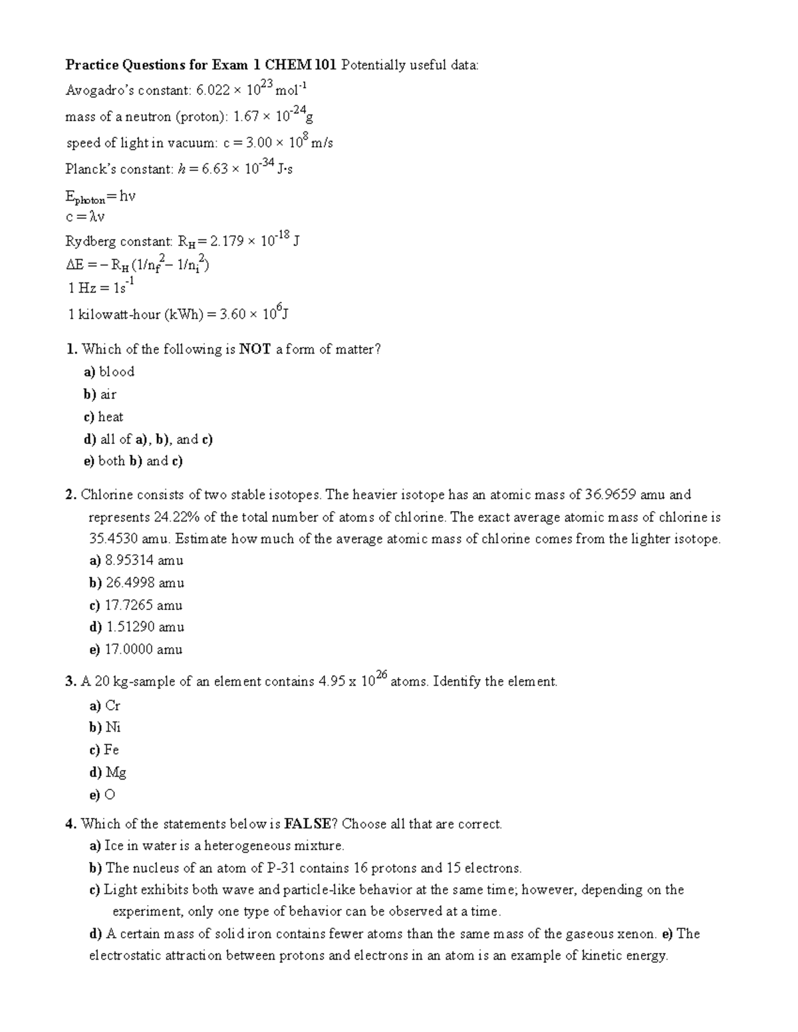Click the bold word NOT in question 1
coord(254,350)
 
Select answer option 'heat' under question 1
coord(110,417)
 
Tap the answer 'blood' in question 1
coord(116,371)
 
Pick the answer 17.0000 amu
coord(144,649)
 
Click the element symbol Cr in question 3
coord(112,705)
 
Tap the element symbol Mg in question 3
coord(116,772)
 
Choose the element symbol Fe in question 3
coord(111,750)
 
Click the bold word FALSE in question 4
coord(307,824)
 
